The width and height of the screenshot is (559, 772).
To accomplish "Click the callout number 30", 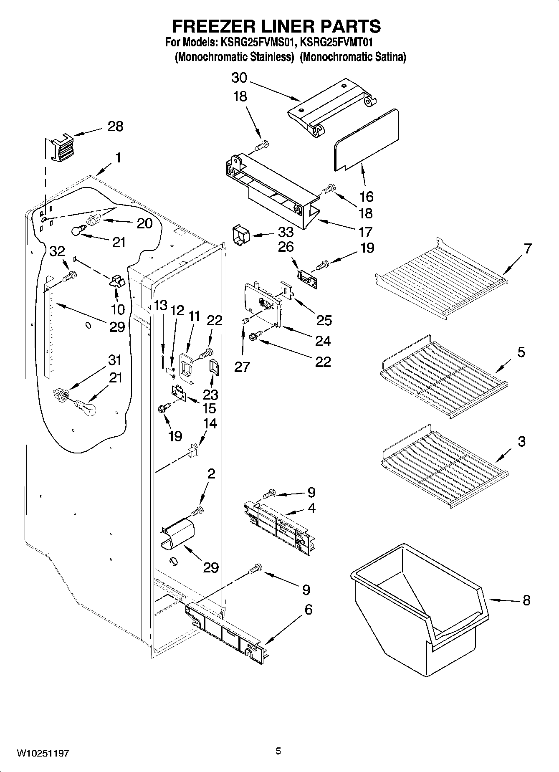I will click(239, 78).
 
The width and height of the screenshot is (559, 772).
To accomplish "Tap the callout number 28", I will click(115, 126).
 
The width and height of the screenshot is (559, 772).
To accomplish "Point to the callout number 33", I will click(286, 232).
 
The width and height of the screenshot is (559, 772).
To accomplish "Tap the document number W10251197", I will click(43, 753).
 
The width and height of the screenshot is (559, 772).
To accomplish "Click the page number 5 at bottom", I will click(278, 751).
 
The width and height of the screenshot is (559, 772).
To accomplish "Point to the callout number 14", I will click(210, 423).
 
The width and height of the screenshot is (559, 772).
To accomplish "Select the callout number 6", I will click(308, 609).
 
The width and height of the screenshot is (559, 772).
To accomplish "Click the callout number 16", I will click(366, 196).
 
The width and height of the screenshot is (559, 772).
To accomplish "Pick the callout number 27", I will click(242, 367).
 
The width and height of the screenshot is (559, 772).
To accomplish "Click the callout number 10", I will click(118, 309).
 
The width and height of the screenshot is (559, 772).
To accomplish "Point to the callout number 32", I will click(57, 251).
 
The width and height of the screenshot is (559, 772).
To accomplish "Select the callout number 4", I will click(311, 508).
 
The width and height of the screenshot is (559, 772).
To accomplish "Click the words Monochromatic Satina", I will click(353, 57).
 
